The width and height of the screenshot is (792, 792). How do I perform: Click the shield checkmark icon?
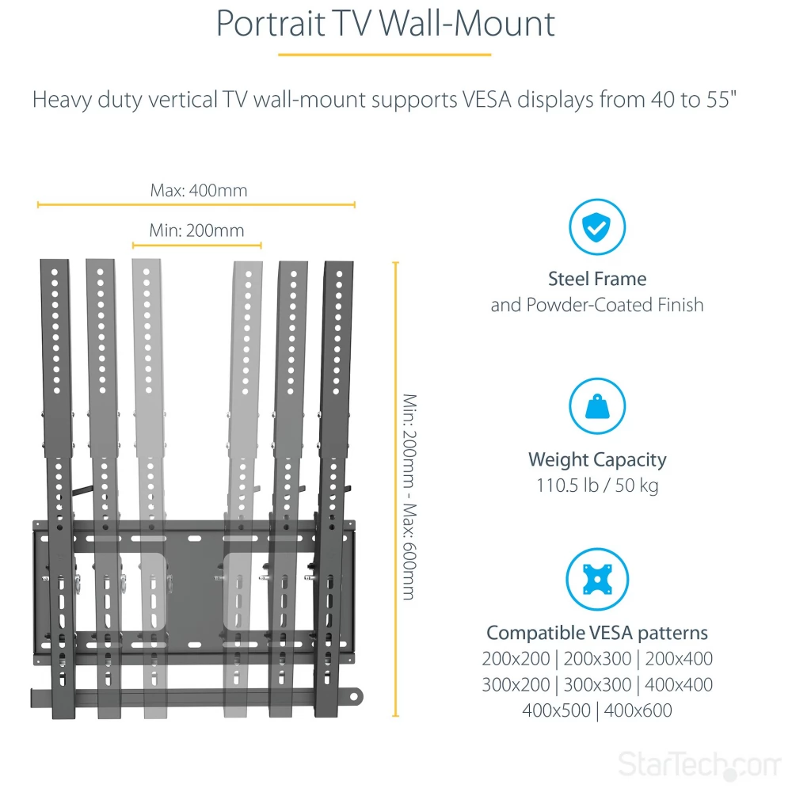(597, 227)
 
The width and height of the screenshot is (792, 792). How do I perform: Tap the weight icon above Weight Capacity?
(597, 406)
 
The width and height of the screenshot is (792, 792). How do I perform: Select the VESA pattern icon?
(597, 580)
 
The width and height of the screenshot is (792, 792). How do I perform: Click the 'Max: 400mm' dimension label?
(199, 190)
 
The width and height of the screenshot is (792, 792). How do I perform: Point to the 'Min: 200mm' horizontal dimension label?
(196, 230)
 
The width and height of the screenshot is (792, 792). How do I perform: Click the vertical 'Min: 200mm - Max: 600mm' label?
(409, 497)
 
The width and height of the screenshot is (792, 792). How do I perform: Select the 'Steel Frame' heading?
(597, 279)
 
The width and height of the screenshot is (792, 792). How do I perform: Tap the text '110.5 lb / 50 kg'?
(597, 485)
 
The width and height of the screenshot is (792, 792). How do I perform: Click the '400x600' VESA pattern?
(638, 710)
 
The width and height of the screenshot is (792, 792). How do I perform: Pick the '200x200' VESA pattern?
(516, 659)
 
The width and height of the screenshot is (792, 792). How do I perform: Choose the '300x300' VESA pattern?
(597, 685)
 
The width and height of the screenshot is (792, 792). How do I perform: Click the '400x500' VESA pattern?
(556, 710)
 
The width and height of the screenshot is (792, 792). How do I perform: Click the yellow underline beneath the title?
(384, 55)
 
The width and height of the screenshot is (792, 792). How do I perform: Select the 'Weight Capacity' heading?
(597, 459)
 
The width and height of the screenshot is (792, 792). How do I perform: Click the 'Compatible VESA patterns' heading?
(597, 633)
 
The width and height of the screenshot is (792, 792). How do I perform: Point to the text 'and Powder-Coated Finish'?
(597, 305)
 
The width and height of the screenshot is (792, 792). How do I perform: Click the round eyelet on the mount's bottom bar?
(354, 698)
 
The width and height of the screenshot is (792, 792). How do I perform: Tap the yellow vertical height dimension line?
(395, 489)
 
